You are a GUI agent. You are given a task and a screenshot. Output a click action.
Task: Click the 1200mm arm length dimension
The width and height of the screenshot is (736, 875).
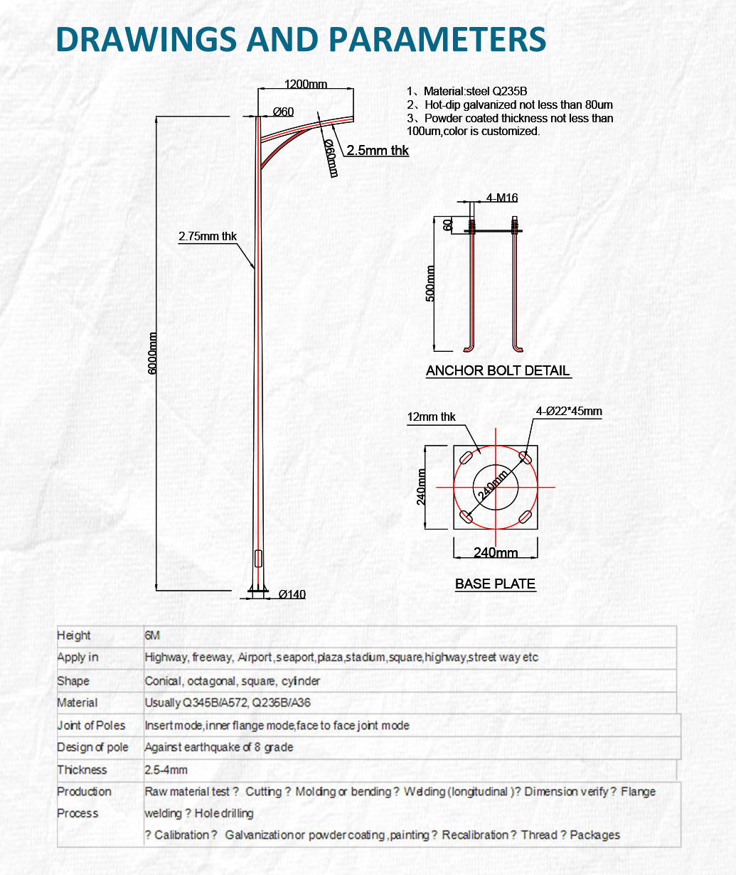(306, 85)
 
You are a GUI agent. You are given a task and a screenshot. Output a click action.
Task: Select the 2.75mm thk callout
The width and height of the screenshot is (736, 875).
(208, 237)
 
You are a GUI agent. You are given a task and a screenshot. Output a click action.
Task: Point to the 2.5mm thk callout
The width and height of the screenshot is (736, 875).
(378, 151)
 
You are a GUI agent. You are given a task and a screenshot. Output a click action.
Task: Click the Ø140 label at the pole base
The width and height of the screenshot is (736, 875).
(292, 594)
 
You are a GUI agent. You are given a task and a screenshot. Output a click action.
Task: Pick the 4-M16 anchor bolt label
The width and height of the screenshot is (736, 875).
(502, 198)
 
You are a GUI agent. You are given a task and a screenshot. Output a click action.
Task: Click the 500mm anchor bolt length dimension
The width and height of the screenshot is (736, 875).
(430, 284)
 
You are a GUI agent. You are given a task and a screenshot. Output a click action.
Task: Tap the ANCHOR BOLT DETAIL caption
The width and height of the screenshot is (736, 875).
(498, 370)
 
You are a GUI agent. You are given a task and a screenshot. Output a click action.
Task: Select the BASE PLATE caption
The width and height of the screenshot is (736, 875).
(495, 584)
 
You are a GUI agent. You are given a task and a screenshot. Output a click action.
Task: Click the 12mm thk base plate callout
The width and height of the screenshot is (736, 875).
(431, 417)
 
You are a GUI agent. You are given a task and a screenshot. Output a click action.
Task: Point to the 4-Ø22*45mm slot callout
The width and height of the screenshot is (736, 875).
(569, 412)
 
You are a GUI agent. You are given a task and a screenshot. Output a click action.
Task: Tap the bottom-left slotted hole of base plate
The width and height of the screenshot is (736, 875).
(465, 517)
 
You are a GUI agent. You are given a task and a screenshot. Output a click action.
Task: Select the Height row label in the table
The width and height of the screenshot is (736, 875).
(74, 635)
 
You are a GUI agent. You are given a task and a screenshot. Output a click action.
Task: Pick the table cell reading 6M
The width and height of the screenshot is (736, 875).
(152, 635)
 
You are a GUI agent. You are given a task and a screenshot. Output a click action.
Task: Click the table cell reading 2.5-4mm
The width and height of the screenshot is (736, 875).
(166, 770)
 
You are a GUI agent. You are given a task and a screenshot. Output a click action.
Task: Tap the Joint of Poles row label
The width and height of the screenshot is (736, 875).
(91, 726)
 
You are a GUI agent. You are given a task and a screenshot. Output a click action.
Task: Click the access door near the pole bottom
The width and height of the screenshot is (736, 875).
(258, 558)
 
